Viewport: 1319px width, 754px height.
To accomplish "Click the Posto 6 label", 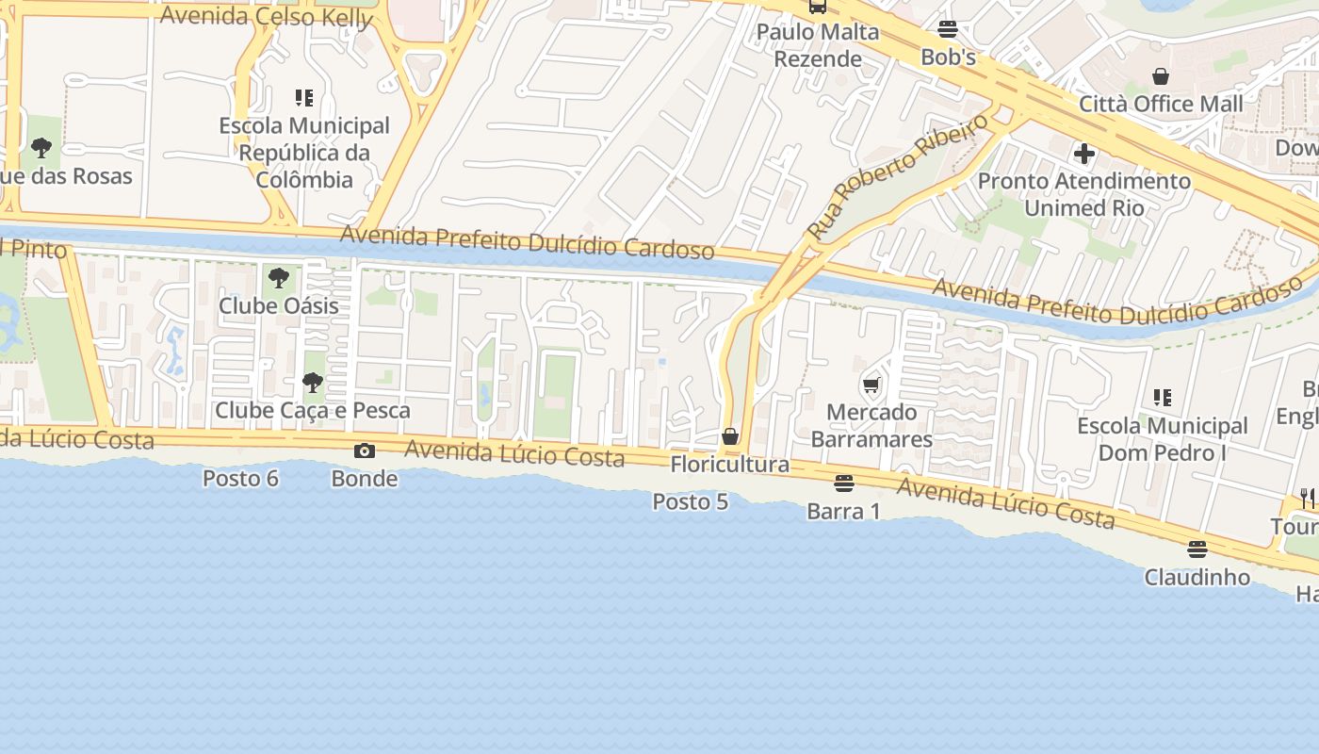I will tap(240, 479).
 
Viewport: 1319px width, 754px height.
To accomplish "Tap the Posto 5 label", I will tap(690, 502).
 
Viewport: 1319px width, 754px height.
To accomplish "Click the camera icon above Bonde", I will tap(365, 451).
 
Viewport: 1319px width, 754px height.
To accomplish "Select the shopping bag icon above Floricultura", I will tap(729, 436).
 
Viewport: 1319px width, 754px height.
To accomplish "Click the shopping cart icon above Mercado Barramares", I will tap(871, 385).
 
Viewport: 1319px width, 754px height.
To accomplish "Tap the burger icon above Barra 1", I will tap(844, 484).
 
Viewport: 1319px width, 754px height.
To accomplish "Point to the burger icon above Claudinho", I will tap(1197, 549).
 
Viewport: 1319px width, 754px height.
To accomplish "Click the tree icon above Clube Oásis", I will tap(278, 278).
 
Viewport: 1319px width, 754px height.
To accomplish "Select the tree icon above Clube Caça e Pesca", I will tap(312, 383).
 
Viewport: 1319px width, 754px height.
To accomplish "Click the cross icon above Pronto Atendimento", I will tap(1083, 153).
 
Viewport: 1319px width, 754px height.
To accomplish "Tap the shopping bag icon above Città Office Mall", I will tap(1161, 76).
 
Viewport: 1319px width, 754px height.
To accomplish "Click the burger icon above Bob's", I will tap(948, 29).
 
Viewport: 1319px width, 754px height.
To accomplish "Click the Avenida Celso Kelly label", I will tap(267, 16).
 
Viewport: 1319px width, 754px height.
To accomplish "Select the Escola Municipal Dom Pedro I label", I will tap(1163, 439).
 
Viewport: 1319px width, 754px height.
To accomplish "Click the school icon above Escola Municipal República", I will tap(303, 98).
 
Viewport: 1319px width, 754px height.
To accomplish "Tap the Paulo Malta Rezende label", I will tap(818, 45).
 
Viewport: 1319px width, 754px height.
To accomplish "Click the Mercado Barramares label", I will tap(871, 426).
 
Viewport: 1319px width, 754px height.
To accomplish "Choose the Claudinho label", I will tap(1197, 577).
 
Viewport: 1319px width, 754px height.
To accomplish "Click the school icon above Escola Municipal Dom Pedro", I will tap(1163, 399).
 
